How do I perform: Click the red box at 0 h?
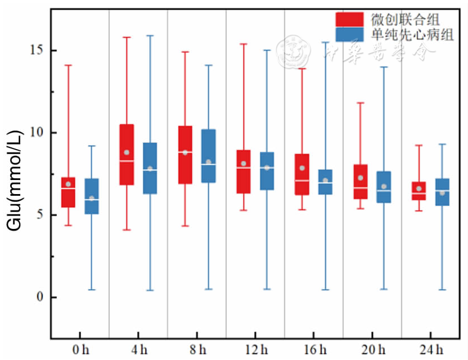tap(68, 192)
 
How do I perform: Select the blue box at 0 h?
tap(92, 196)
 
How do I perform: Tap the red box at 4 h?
tap(127, 155)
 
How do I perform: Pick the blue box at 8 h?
tap(208, 156)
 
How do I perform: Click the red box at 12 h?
tap(244, 172)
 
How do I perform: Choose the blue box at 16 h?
tap(325, 182)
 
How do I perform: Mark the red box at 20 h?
tap(361, 182)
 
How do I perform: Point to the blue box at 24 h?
tap(443, 192)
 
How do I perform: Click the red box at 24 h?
tap(419, 191)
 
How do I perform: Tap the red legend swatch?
tap(349, 19)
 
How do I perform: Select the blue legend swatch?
tap(349, 35)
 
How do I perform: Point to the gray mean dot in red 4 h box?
tap(127, 152)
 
